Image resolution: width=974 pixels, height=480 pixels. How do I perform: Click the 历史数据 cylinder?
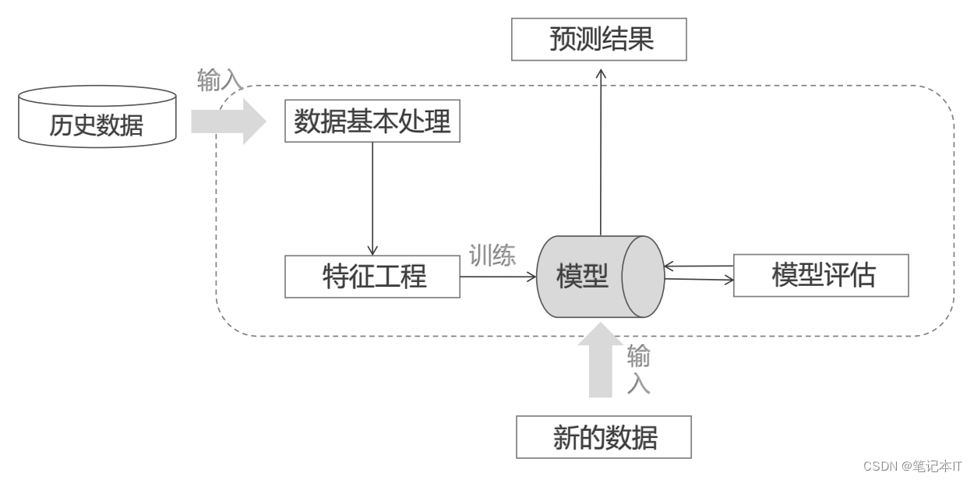point(97,117)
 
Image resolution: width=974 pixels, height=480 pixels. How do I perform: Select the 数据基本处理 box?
point(372,122)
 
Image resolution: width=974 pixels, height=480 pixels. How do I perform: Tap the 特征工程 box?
point(372,276)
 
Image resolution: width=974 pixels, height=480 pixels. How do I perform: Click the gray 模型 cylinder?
point(584,276)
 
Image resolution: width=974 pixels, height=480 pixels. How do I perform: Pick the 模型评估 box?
point(821,275)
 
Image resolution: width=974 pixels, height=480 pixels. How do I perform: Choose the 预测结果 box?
point(599,40)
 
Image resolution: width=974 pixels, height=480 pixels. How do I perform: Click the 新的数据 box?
point(604,437)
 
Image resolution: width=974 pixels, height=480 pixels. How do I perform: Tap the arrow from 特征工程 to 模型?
point(499,276)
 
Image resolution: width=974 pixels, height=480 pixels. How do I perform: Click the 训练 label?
point(492,256)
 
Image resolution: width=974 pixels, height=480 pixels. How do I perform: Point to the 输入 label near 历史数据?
point(221,80)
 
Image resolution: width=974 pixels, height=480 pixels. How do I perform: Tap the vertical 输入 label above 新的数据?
point(638,370)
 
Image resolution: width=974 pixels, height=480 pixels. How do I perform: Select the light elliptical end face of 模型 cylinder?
point(642,276)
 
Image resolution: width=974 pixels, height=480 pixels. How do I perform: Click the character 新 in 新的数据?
point(566,438)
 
